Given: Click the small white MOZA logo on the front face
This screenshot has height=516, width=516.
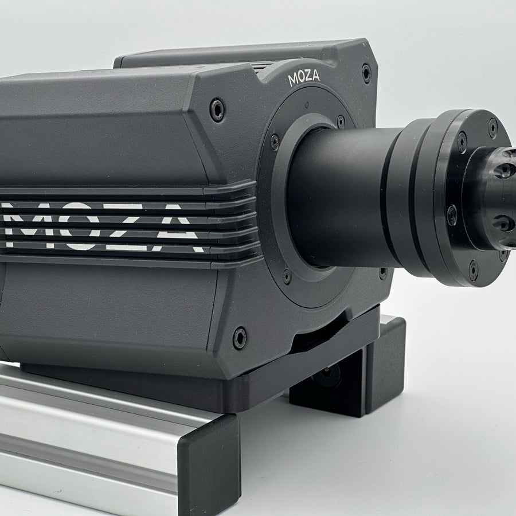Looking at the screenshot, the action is (x=304, y=78).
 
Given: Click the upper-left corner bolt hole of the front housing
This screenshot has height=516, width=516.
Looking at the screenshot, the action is (x=217, y=110).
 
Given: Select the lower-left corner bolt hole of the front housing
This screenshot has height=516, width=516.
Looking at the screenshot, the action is (x=239, y=338).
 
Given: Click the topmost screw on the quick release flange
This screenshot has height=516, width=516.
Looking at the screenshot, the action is (x=492, y=127).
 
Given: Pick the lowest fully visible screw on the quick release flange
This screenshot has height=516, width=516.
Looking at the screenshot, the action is (x=473, y=270).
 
